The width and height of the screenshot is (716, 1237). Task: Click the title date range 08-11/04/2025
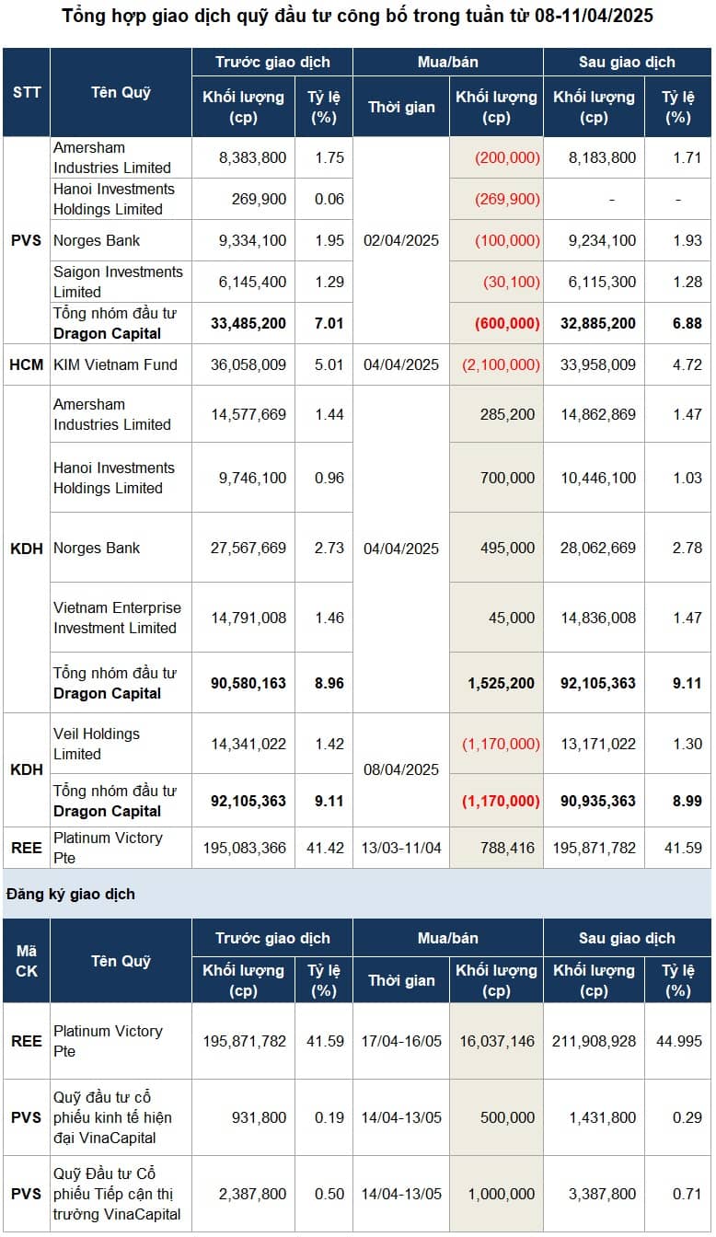tap(594, 16)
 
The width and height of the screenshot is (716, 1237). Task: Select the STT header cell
tap(27, 92)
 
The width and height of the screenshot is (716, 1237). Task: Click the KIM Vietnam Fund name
tap(115, 364)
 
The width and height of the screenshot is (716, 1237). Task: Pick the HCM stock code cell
tap(27, 364)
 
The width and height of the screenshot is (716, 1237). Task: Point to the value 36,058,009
tap(248, 364)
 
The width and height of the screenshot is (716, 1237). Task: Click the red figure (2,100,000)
tap(501, 364)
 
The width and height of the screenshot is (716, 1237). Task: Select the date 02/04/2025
tap(400, 240)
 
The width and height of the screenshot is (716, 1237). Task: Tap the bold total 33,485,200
tap(248, 323)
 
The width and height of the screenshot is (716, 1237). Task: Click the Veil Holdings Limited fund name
tap(97, 744)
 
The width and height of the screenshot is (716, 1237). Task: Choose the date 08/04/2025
tap(400, 769)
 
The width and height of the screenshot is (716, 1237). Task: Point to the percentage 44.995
tap(679, 1041)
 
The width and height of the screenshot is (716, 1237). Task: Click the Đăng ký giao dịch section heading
tap(71, 894)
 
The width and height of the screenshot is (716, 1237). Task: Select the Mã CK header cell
tap(27, 961)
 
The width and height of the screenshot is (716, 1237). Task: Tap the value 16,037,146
tap(497, 1041)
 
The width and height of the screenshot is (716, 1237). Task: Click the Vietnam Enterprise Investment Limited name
tap(117, 618)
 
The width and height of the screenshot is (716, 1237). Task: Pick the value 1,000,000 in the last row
tap(502, 1194)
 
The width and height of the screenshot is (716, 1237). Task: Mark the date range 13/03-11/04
tap(401, 848)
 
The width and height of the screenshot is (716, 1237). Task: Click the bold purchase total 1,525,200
tap(502, 683)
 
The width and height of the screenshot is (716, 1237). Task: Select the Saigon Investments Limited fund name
tap(118, 282)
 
